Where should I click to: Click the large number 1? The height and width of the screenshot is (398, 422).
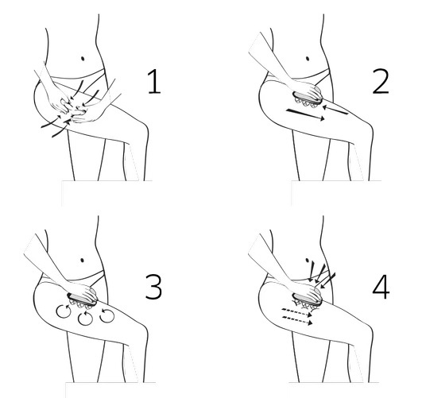click(x=154, y=82)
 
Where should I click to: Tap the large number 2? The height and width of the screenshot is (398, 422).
click(x=381, y=82)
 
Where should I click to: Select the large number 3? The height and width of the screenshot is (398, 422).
click(x=153, y=287)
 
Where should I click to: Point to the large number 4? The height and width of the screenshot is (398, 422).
click(x=381, y=287)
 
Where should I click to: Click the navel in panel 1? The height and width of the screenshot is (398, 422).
click(x=83, y=59)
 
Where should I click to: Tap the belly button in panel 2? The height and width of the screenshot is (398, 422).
click(x=308, y=59)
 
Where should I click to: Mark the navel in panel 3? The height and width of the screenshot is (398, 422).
click(x=83, y=261)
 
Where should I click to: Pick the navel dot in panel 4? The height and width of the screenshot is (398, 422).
click(x=307, y=261)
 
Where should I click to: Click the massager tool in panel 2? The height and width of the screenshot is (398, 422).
click(x=308, y=99)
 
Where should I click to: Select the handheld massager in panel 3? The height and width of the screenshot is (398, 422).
click(x=82, y=301)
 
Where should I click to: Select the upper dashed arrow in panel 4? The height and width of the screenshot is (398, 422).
click(x=297, y=312)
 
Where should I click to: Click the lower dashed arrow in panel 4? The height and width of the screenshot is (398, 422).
click(x=297, y=320)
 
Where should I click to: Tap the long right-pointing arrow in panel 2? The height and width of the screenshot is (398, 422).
click(x=305, y=114)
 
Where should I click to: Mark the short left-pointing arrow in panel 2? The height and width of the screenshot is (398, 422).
click(x=335, y=110)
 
